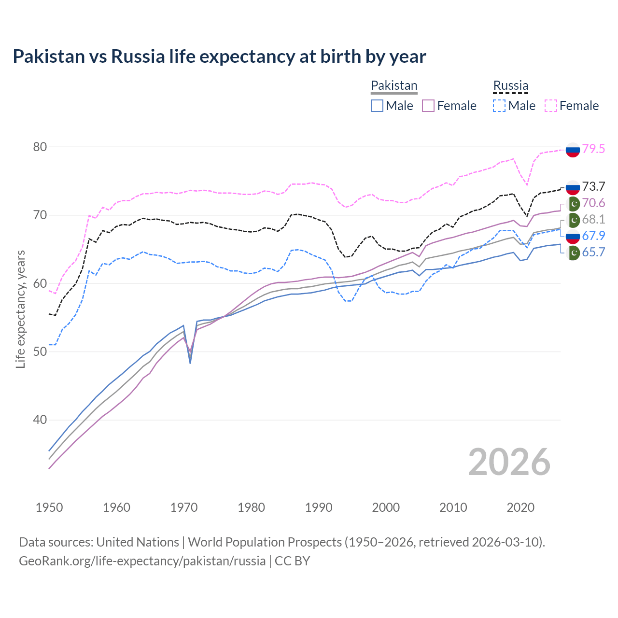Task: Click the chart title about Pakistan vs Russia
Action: pyautogui.click(x=219, y=56)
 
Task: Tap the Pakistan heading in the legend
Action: pyautogui.click(x=393, y=85)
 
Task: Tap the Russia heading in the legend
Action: pyautogui.click(x=510, y=85)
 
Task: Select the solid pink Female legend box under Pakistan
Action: pyautogui.click(x=429, y=106)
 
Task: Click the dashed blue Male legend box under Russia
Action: pyautogui.click(x=499, y=106)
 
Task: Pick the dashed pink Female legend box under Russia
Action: pyautogui.click(x=551, y=106)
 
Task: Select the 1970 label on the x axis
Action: pyautogui.click(x=184, y=507)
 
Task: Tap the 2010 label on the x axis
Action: pyautogui.click(x=453, y=507)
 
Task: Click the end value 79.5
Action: pyautogui.click(x=593, y=149)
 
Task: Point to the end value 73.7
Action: pyautogui.click(x=593, y=186)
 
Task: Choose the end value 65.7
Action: pyautogui.click(x=593, y=252)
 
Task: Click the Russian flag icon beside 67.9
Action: pyautogui.click(x=573, y=236)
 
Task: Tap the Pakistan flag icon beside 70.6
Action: pyautogui.click(x=573, y=203)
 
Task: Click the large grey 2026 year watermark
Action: pyautogui.click(x=509, y=462)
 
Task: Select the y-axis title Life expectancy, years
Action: pyautogui.click(x=20, y=309)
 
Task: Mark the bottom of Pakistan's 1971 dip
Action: pyautogui.click(x=190, y=363)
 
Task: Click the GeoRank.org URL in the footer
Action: pyautogui.click(x=142, y=561)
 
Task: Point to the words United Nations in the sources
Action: pyautogui.click(x=138, y=542)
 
